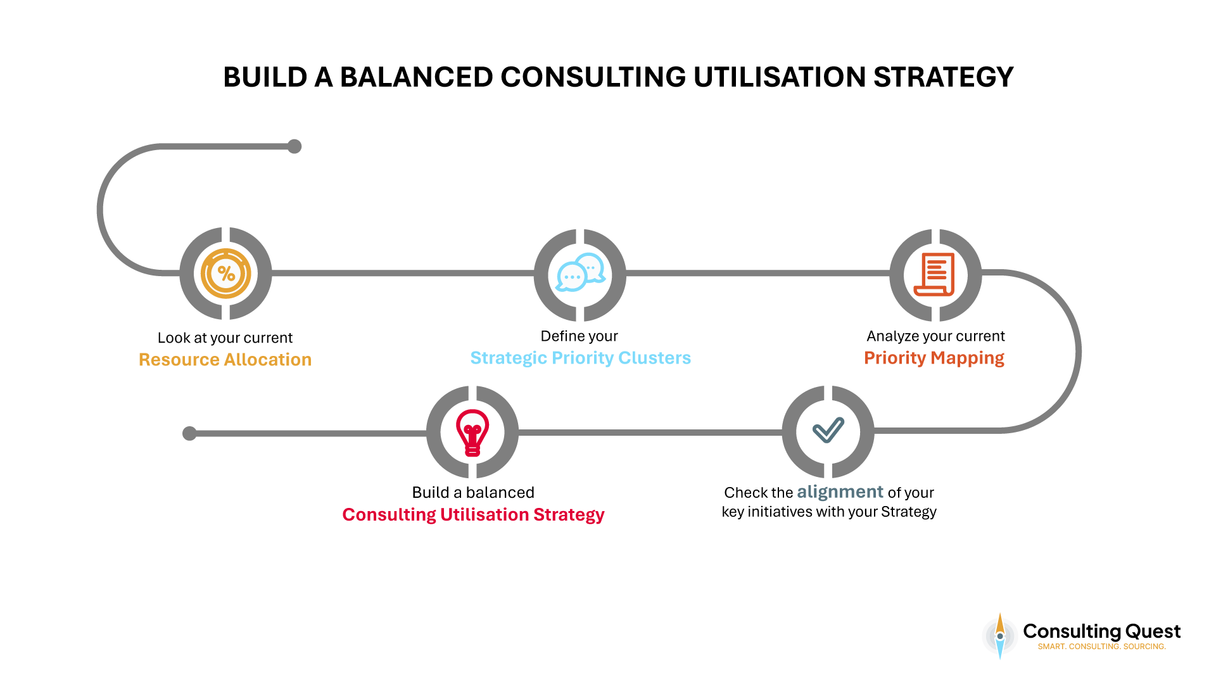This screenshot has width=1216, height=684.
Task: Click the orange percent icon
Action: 225,274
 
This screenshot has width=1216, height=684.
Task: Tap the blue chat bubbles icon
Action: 580,273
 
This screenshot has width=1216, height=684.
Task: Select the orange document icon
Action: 934,274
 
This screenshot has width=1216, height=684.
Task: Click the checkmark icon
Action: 828,430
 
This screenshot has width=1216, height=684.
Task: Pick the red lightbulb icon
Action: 472,433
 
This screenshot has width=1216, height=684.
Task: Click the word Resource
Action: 179,360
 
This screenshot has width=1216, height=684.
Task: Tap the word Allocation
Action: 268,360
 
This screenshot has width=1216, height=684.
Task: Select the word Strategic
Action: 508,358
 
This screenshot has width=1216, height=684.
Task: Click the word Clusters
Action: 654,358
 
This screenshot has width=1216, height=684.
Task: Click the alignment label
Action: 840,492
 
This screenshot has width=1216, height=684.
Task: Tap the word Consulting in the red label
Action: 388,515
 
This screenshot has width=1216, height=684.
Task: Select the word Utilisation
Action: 484,515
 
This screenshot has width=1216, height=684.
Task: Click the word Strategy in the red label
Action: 569,515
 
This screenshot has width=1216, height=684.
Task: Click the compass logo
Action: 1000,636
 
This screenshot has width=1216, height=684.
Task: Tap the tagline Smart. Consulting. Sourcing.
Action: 1101,647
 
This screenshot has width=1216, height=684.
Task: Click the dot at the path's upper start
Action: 294,146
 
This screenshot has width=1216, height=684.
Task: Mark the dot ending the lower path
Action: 189,433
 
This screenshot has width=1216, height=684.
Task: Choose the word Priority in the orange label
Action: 895,358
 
